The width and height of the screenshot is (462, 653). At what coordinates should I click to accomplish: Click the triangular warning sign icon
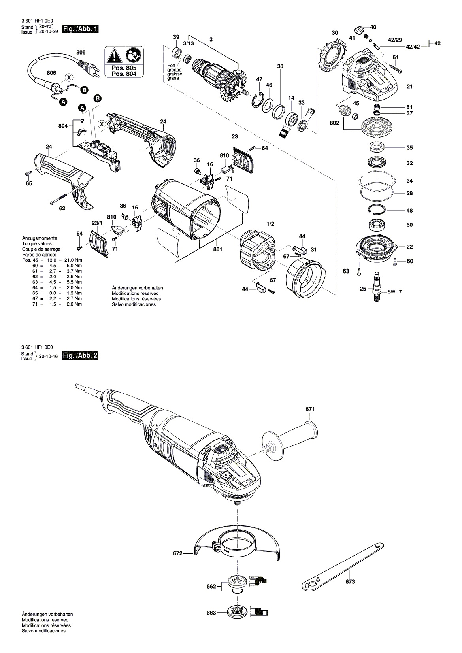click(114, 55)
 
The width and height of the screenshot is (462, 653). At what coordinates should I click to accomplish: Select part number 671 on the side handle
click(310, 409)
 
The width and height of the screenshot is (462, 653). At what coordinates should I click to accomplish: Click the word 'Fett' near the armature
click(171, 65)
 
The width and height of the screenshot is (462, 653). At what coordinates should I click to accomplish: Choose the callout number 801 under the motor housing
click(218, 249)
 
